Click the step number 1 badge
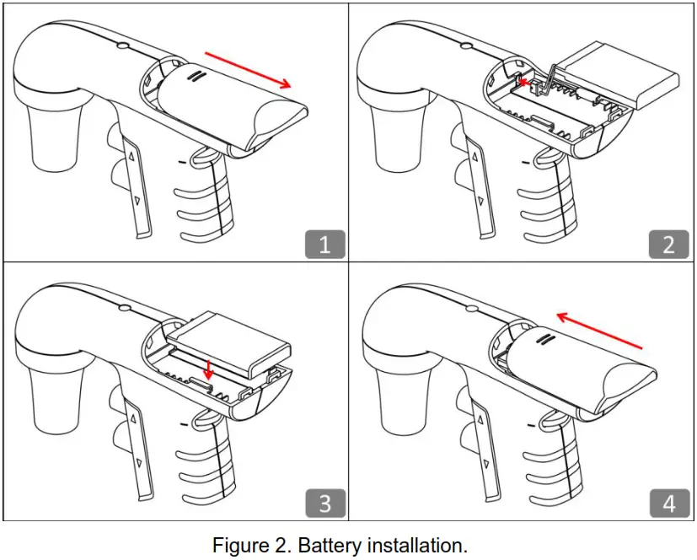tap(324, 244)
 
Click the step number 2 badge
tap(669, 244)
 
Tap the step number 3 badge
tap(324, 503)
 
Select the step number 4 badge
tap(669, 503)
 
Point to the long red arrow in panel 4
tap(599, 330)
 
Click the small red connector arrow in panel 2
tap(527, 83)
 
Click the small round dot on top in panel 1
tap(123, 46)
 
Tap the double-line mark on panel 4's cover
tap(544, 339)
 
